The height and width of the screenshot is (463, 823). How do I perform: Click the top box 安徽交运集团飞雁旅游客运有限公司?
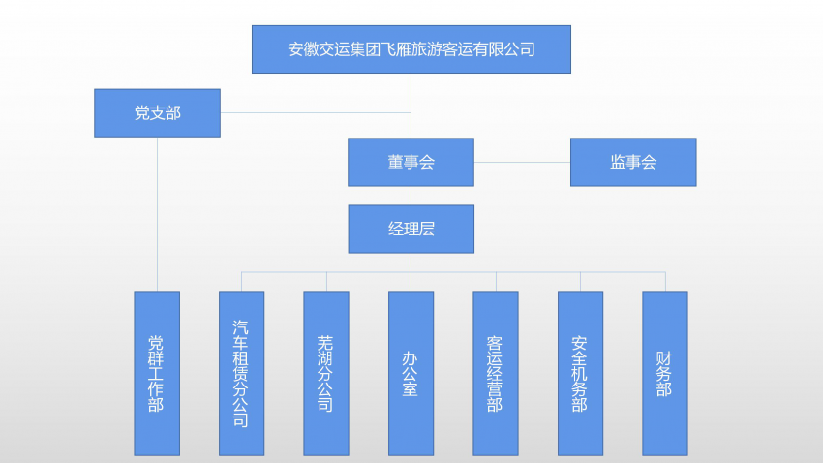(x=411, y=49)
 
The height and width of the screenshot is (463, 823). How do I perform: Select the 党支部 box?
(x=157, y=113)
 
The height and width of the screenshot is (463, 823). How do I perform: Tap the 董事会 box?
(x=411, y=162)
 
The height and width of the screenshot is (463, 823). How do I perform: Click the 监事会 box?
(x=633, y=162)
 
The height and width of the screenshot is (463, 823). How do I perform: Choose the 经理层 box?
(x=411, y=229)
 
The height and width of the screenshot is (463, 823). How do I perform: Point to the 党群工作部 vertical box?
(x=156, y=373)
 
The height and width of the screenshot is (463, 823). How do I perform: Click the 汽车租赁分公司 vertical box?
(x=241, y=373)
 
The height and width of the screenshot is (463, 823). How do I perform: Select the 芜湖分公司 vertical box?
(x=325, y=373)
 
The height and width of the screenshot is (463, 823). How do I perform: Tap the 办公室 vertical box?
(x=411, y=373)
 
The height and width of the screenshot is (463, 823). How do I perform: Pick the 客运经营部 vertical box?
(x=495, y=373)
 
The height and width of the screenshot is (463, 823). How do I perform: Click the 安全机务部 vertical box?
(x=580, y=373)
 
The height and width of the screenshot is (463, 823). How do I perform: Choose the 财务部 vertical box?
(x=664, y=373)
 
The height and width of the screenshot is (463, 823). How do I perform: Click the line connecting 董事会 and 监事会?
(x=522, y=162)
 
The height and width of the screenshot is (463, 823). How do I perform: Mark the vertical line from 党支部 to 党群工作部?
(x=157, y=213)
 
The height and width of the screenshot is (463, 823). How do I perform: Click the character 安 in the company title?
(x=296, y=49)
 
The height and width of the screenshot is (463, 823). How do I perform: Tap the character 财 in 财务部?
(x=664, y=356)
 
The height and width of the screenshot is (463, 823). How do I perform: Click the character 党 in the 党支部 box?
(x=141, y=113)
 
